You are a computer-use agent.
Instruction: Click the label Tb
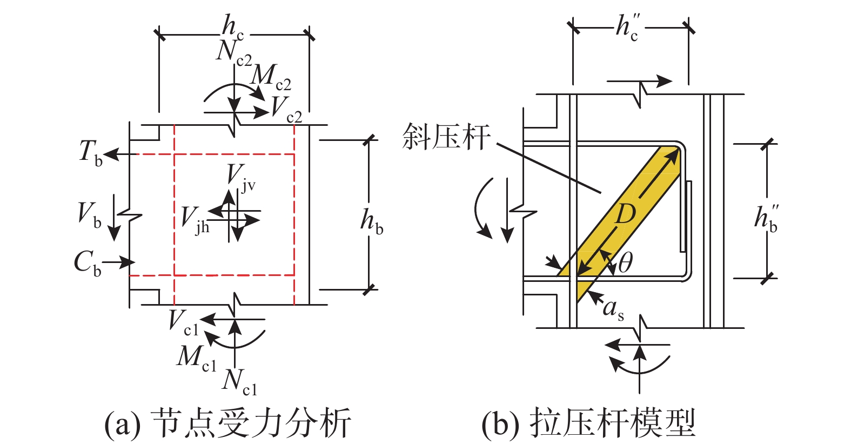91,153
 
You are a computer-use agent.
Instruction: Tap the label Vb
89,215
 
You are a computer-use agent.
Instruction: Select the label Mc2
271,79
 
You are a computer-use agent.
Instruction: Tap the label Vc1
184,323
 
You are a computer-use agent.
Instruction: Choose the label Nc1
239,383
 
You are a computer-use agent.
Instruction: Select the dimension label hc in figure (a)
233,27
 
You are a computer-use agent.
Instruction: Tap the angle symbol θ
625,263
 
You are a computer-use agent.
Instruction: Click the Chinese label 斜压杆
446,137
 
